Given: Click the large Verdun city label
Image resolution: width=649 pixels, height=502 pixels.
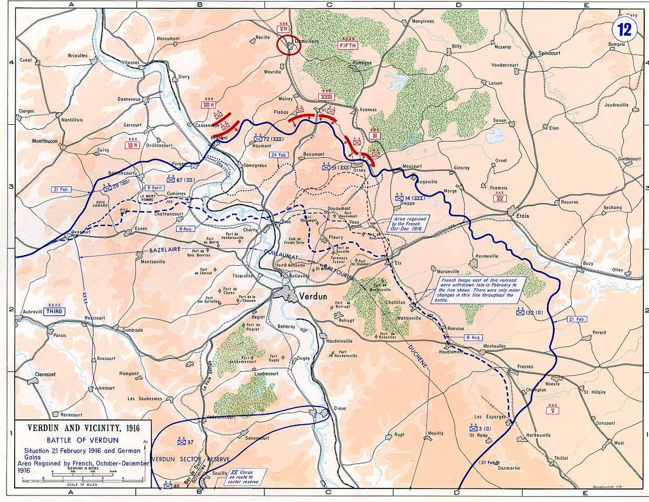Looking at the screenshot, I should point(316,296).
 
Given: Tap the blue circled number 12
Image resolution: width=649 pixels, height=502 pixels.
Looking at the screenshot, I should point(625,29).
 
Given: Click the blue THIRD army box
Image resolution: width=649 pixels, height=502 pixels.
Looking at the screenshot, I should point(55,312).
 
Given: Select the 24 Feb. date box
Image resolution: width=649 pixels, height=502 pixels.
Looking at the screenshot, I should point(279,155).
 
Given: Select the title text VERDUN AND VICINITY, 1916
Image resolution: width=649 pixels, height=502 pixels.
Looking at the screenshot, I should point(84,428).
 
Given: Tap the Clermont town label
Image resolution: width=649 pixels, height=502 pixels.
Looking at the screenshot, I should point(45,374).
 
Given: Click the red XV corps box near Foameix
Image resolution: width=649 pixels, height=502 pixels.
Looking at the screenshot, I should point(499,198).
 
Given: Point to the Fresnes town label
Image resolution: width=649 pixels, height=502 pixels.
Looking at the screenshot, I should point(525,366).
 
